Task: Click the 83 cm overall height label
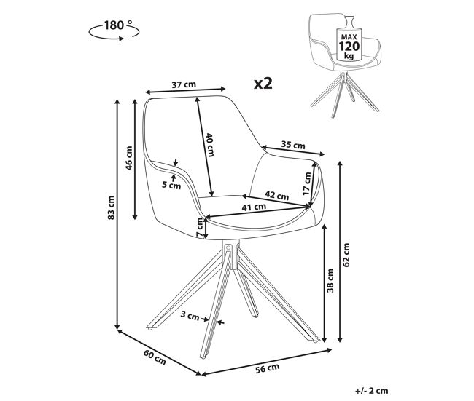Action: click(111, 207)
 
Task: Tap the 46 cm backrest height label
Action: click(129, 158)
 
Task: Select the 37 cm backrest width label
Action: click(184, 84)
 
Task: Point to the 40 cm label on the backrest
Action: click(210, 145)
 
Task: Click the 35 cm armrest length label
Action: click(293, 145)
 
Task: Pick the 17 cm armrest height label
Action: click(307, 183)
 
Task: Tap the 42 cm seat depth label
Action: click(276, 196)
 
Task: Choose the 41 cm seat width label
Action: click(254, 207)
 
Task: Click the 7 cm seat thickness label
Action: click(200, 227)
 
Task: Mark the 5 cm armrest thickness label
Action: click(171, 186)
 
